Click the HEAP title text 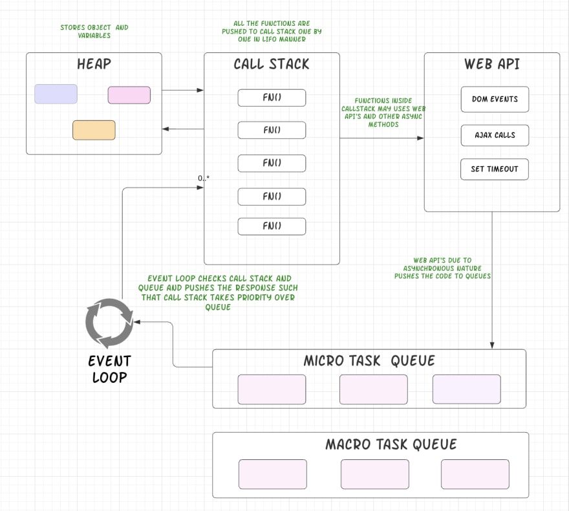(94, 64)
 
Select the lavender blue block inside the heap (56, 94)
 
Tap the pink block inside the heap (129, 95)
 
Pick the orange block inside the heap (94, 130)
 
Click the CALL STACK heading (272, 64)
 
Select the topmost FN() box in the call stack (272, 98)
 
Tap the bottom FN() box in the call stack (272, 226)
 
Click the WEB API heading (491, 64)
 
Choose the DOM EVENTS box (495, 99)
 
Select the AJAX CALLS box (495, 135)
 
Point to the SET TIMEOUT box (495, 169)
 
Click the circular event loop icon (109, 323)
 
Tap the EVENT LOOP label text (110, 369)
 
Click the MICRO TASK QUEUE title (369, 361)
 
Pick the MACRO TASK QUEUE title (391, 444)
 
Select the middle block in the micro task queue (374, 389)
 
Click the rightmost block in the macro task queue (475, 474)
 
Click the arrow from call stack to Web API (381, 138)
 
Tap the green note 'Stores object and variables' (94, 31)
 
